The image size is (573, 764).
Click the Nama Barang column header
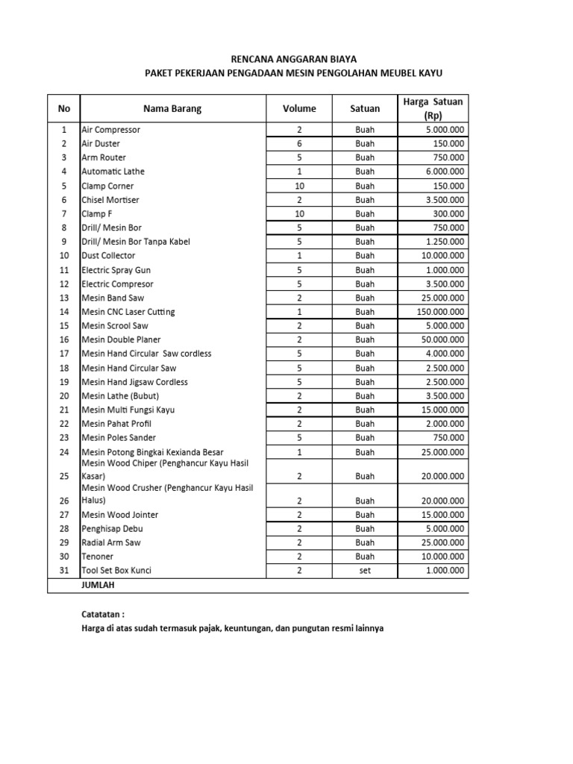(x=172, y=108)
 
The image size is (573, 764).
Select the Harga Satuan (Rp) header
(x=432, y=108)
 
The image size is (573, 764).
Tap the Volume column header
(x=299, y=108)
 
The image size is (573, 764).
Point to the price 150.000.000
(x=441, y=312)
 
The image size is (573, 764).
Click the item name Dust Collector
(x=108, y=255)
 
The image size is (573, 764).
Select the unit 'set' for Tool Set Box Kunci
(x=365, y=571)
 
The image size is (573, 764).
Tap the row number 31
(x=64, y=571)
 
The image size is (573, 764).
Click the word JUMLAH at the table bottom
(x=99, y=586)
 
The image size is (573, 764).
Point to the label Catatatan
(x=103, y=613)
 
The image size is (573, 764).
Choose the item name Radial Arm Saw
(x=111, y=542)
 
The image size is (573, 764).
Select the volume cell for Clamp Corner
(x=299, y=186)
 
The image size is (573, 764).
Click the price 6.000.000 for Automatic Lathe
(x=445, y=172)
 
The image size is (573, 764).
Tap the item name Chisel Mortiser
(x=110, y=200)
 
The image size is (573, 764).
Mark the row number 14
(x=64, y=312)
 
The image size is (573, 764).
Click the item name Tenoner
(x=98, y=557)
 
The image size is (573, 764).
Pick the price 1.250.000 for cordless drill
(x=445, y=242)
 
